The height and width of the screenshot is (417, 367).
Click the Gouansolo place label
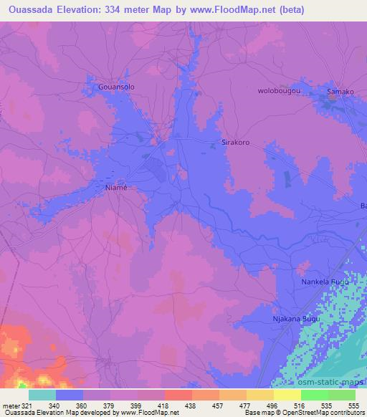point(115,87)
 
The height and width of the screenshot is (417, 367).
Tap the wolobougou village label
point(278,91)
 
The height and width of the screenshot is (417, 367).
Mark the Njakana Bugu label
point(296,319)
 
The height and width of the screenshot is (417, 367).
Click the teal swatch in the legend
point(42,395)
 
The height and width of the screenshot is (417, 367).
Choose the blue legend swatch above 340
point(70,395)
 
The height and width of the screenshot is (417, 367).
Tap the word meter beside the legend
point(10,405)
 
